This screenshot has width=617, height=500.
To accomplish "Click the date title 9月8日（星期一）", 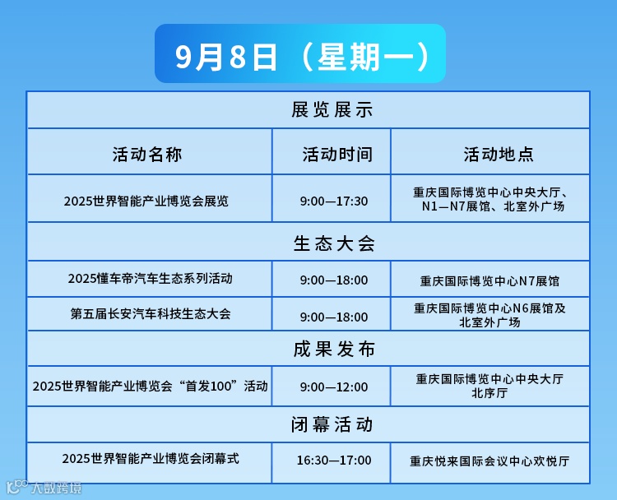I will pos(301,54).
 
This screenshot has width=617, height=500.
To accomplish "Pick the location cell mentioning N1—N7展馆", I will pos(489,200).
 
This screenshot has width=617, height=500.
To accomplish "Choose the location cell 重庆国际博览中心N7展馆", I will pos(489,280).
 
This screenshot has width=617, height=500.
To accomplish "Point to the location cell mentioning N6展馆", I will pos(489,315).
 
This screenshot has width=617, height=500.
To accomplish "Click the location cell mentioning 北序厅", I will pos(489,386).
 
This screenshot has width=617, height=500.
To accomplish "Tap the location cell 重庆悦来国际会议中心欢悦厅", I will pos(489,461).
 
